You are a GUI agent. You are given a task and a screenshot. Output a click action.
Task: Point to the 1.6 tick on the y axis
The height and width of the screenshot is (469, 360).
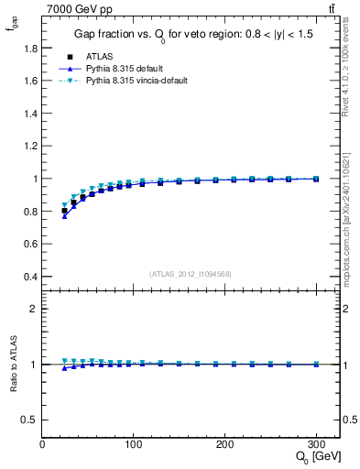[x=30, y=81]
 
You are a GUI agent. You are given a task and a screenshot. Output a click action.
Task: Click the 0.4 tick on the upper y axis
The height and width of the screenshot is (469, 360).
[x=30, y=277]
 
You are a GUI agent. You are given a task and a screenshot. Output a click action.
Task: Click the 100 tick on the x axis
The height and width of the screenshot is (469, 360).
[x=134, y=445]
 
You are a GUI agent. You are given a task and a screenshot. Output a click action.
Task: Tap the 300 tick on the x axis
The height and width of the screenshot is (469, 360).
[x=317, y=445]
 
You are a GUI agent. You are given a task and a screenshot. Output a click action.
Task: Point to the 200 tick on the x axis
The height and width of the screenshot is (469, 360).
[x=225, y=445]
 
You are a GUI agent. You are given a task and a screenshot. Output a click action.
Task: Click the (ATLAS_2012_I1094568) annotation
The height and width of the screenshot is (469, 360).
[x=191, y=274]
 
